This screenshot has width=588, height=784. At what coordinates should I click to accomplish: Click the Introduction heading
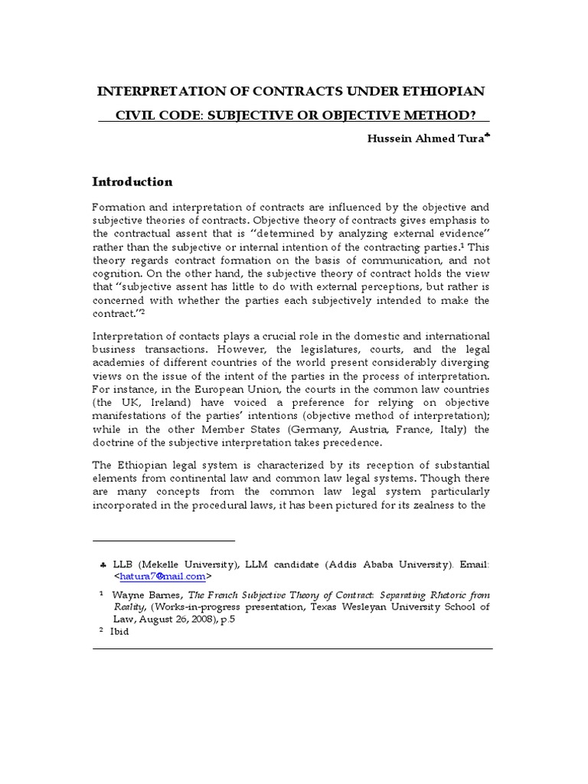click(132, 181)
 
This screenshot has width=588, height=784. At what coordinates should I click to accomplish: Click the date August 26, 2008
click(167, 619)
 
